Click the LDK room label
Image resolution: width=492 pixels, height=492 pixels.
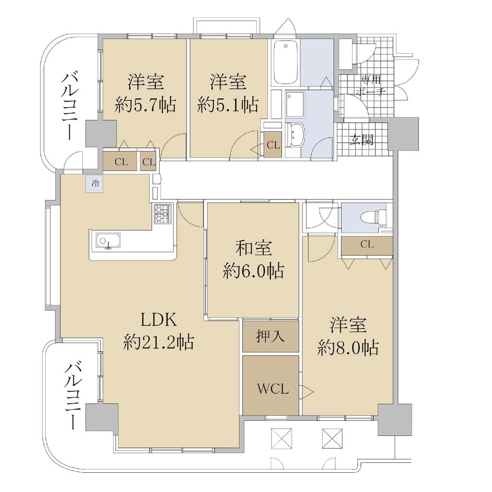click(159, 320)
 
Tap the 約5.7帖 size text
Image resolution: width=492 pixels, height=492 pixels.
click(145, 105)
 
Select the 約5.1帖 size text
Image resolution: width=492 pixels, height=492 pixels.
click(228, 105)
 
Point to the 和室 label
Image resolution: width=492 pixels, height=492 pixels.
click(254, 248)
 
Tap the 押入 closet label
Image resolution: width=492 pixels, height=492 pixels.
click(270, 336)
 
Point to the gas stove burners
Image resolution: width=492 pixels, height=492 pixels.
click(163, 214)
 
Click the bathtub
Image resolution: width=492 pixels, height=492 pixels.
click(285, 62)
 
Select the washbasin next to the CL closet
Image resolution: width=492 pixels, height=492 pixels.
click(295, 135)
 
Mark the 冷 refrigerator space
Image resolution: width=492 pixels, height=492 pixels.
click(95, 184)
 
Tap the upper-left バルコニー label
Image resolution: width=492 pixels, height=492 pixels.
click(71, 106)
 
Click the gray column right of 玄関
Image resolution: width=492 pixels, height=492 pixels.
click(403, 134)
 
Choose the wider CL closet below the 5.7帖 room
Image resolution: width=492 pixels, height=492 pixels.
click(120, 161)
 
